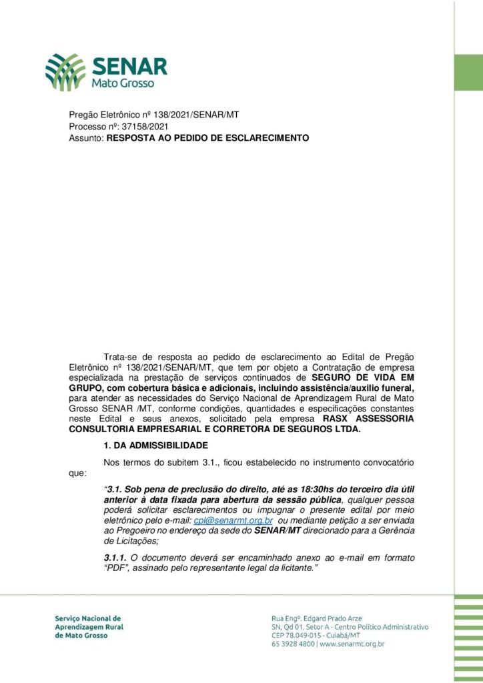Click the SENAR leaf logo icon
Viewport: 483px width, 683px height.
65,71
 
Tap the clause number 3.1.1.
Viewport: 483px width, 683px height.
115,557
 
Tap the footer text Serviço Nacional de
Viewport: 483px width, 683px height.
87,618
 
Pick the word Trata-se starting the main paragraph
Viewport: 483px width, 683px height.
120,358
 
